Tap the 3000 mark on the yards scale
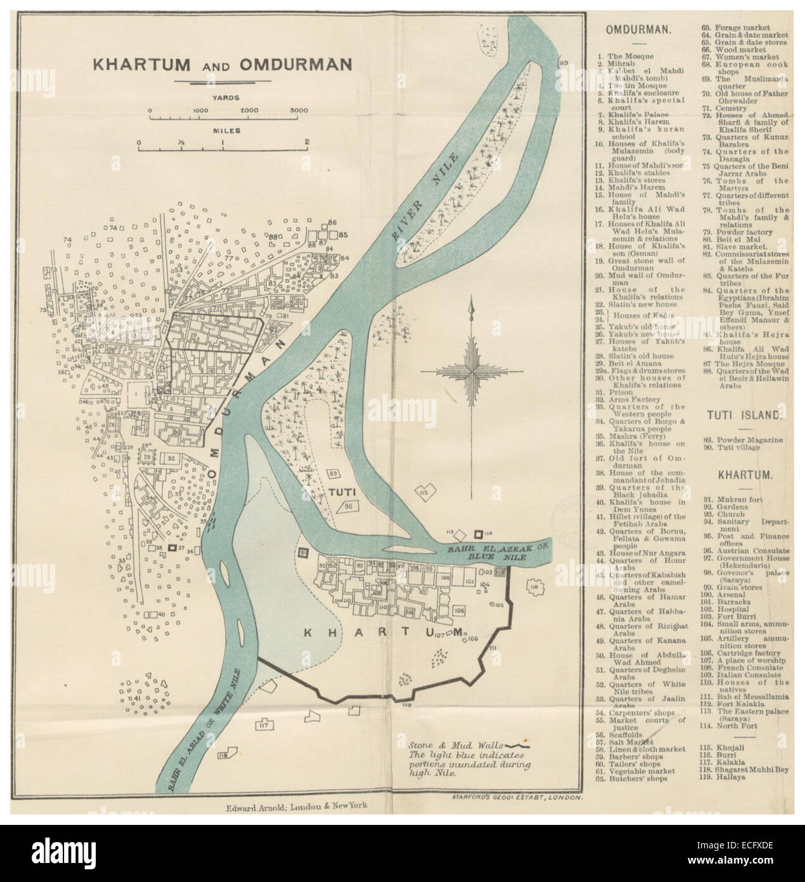coord(299,110)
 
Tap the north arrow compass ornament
coord(471,368)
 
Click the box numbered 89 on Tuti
coord(333,473)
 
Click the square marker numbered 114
coord(480,532)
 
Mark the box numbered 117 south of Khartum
coord(263,725)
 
